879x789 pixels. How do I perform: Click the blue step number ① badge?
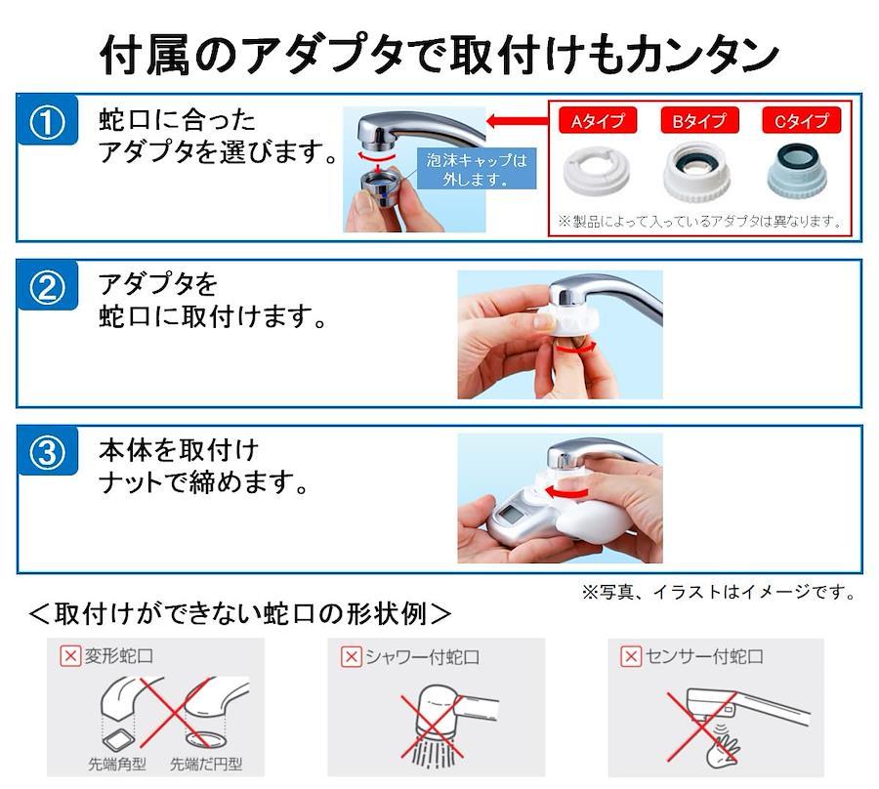coord(47,121)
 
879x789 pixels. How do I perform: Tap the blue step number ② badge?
coord(47,287)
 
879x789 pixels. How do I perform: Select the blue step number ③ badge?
coord(47,452)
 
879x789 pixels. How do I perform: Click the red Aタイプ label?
coord(598,120)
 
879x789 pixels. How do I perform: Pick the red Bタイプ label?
coord(699,120)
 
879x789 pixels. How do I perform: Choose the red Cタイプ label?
coord(802,120)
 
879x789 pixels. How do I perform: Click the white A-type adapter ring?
coord(597,170)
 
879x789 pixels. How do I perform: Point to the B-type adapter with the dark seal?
coord(698,171)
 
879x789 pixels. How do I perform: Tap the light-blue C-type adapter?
coord(798,170)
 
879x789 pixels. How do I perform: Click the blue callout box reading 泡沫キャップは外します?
coord(477,169)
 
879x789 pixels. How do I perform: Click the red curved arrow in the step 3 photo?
coord(566,492)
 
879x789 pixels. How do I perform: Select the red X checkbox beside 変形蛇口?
coord(70,655)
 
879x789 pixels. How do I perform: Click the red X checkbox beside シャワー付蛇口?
coord(352,655)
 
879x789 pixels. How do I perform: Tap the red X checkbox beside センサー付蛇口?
coord(631,655)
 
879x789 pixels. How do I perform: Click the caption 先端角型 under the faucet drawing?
coord(117,764)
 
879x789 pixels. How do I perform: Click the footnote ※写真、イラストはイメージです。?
coord(720,592)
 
